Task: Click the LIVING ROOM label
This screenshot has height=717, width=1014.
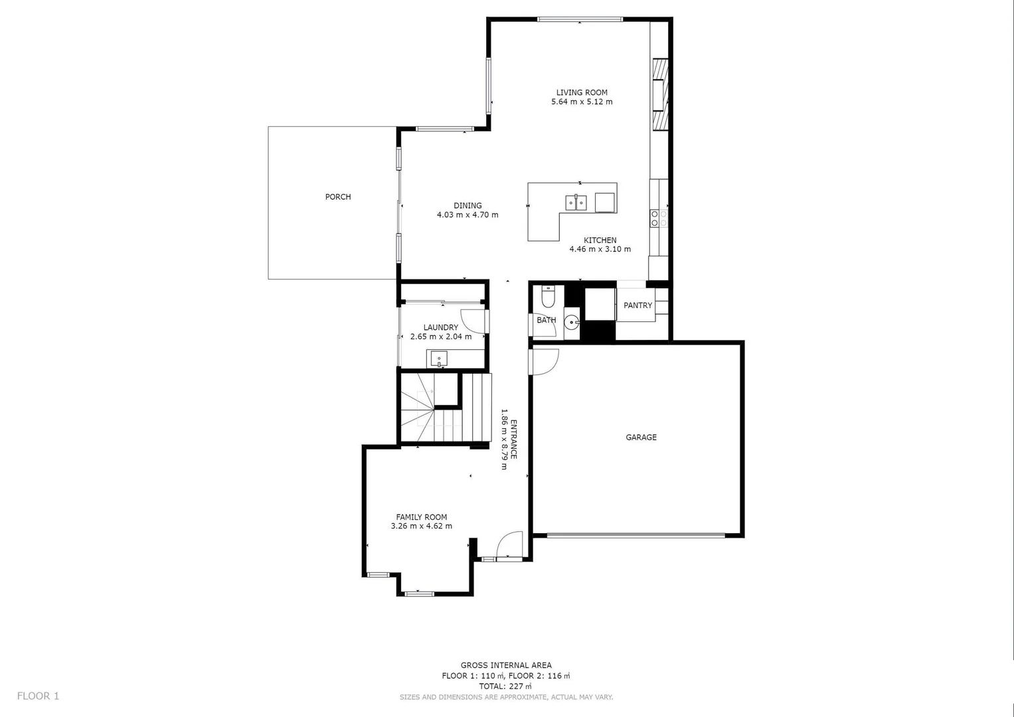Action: [x=582, y=93]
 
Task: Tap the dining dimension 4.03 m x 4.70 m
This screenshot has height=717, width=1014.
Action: [x=467, y=215]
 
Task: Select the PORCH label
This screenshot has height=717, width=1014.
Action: [x=337, y=197]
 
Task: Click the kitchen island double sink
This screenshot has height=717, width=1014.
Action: [x=575, y=202]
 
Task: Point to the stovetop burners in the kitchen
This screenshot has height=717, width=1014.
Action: [x=658, y=218]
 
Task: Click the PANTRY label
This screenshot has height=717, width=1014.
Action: [x=637, y=305]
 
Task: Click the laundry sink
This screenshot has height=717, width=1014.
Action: [x=439, y=359]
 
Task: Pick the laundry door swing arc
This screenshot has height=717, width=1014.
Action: [x=473, y=322]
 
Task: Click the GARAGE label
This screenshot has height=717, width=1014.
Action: [x=641, y=438]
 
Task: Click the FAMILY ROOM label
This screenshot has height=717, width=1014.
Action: [x=421, y=517]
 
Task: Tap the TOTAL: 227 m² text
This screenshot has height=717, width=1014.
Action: [x=506, y=686]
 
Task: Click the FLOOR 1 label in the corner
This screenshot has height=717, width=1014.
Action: [x=38, y=696]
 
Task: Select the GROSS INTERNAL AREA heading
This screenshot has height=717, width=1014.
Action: [x=506, y=665]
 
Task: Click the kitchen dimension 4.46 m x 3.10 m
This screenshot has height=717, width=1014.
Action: [x=600, y=250]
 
